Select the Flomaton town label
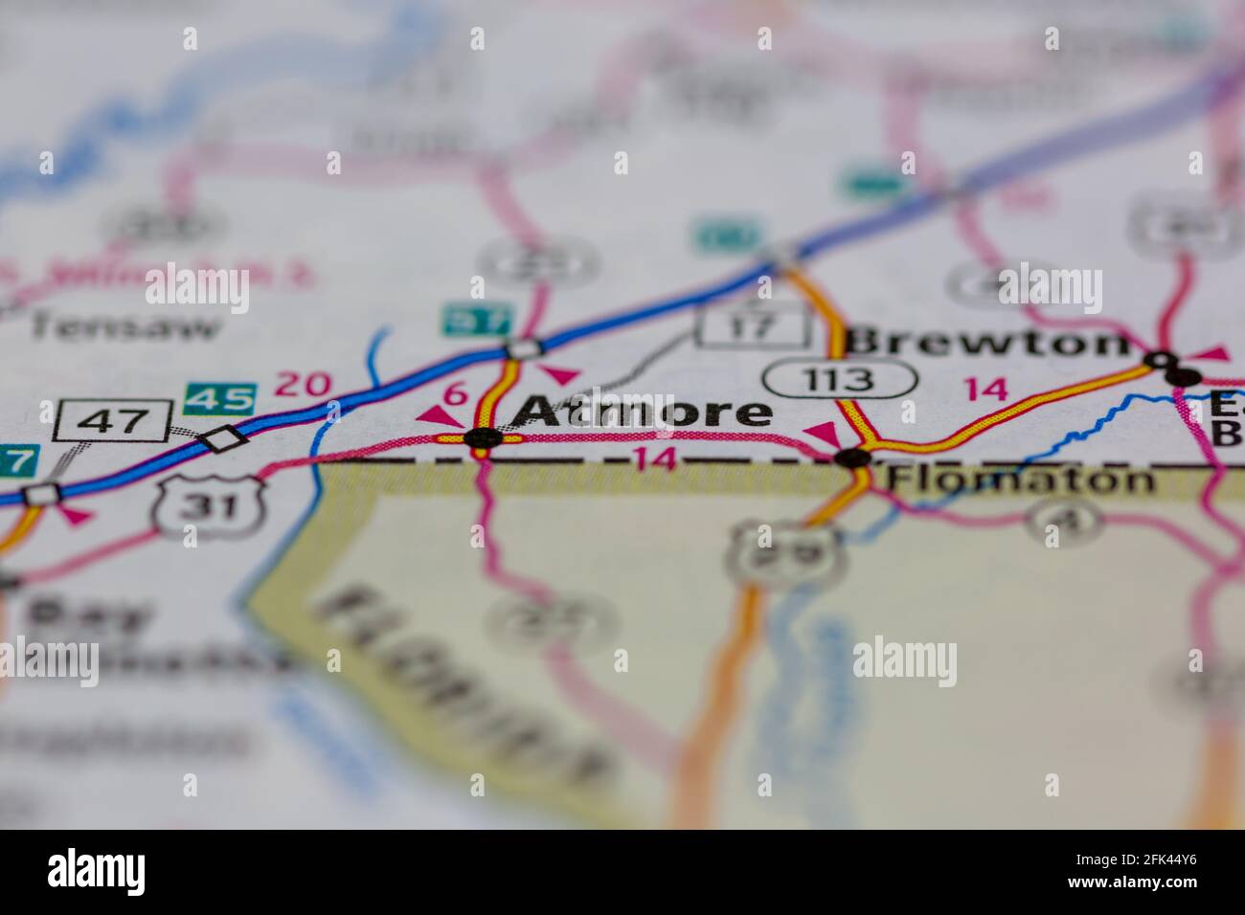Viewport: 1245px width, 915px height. coord(1021,479)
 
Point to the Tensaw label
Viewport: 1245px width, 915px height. coord(124,327)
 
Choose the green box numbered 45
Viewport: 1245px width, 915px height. coord(220,398)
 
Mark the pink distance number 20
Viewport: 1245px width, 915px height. coord(303,385)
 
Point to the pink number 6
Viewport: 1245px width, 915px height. coord(456,392)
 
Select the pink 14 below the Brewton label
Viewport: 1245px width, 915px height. coord(985,389)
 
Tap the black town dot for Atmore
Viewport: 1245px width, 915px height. coord(481,438)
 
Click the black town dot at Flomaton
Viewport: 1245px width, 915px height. coord(852,457)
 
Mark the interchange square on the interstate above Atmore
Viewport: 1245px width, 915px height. coord(525,348)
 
